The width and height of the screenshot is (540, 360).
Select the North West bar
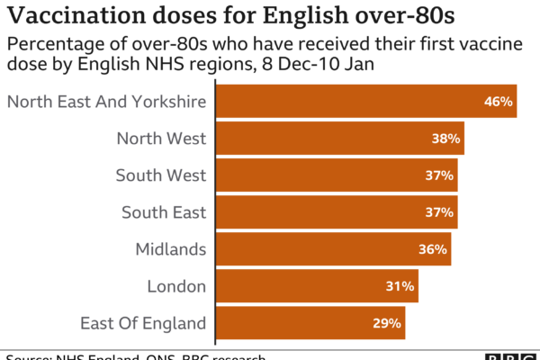coord(340,139)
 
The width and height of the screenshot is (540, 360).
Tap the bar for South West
coord(337,175)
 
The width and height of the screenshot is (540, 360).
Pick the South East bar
coord(337,212)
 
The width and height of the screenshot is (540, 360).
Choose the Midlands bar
coord(333,249)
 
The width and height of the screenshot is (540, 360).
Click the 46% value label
coord(498,102)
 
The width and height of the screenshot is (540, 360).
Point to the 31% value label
coord(400,286)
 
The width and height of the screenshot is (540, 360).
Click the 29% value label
coord(387,323)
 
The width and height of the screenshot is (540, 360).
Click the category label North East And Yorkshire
coord(107,102)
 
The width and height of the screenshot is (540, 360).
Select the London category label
coord(177,286)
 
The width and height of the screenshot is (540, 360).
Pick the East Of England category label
coord(144,323)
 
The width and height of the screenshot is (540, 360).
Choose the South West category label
coord(161,175)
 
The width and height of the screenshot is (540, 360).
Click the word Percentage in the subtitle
coord(50,47)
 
